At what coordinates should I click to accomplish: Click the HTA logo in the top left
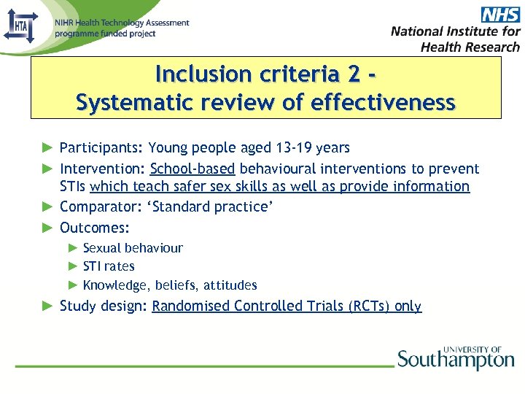(x=20, y=28)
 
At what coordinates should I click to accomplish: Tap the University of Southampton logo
(x=456, y=358)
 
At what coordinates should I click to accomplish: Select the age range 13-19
(x=295, y=148)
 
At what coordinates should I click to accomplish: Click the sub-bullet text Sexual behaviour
(x=133, y=248)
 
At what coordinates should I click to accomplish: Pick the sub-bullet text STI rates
(x=109, y=266)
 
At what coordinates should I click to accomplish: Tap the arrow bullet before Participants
(x=47, y=148)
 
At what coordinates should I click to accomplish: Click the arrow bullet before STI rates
(x=73, y=266)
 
